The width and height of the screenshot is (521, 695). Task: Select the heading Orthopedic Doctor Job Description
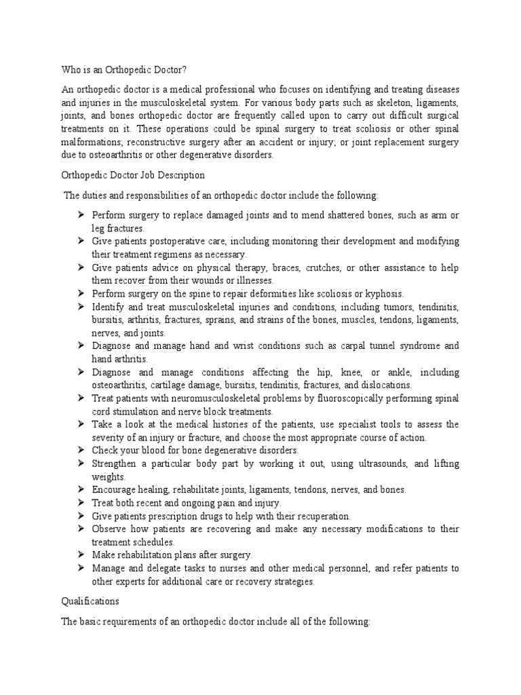[x=128, y=175]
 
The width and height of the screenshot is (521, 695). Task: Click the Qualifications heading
[x=89, y=601]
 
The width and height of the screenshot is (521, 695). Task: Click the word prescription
[x=177, y=516]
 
